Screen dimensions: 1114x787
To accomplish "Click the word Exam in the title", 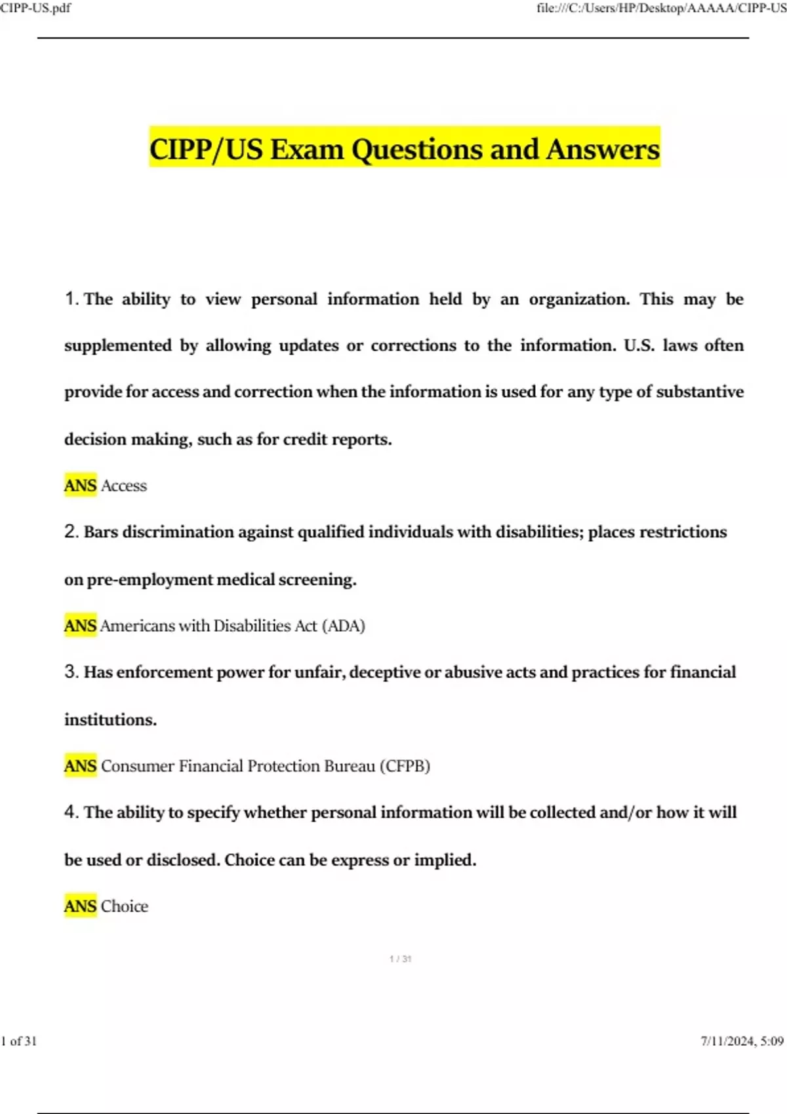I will tap(307, 149).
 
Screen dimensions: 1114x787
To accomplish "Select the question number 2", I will tap(71, 531).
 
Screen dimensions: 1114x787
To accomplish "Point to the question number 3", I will tap(71, 672).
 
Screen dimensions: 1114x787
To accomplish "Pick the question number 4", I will tap(71, 812).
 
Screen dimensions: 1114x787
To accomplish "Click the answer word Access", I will tap(124, 486).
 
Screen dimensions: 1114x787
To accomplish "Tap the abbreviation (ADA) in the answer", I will tap(343, 626).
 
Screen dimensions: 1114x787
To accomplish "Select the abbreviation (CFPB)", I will tap(405, 766).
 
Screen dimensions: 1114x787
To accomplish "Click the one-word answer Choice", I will tap(125, 906).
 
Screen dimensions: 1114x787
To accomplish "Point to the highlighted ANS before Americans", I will tap(80, 626).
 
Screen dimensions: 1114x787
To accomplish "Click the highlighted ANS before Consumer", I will tap(80, 766).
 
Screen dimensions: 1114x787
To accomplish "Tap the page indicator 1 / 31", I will tap(400, 959).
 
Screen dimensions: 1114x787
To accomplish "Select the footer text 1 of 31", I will tap(19, 1041).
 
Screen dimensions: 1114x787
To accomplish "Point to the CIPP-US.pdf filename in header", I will tap(35, 8).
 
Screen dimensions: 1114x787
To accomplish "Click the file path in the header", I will tap(661, 8).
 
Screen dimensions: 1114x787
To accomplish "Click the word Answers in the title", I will tap(603, 149).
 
